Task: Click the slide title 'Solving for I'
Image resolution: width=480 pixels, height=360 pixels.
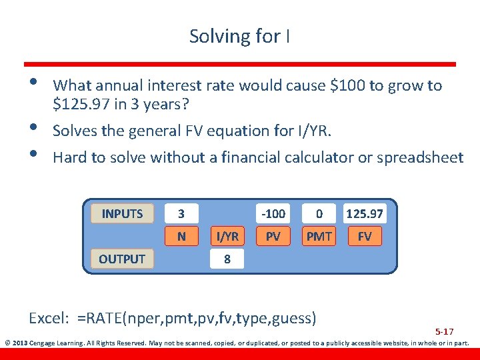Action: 239,36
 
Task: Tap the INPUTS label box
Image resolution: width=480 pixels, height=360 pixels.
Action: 122,214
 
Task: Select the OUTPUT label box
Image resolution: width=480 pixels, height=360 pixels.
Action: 122,259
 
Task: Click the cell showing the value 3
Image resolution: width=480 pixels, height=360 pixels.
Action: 181,214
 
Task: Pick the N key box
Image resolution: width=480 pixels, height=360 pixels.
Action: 181,236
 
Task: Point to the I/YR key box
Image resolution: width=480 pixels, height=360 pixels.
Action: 227,236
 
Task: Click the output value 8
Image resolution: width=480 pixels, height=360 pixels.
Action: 227,259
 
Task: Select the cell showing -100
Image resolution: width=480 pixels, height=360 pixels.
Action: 273,214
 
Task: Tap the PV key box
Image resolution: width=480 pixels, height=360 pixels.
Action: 273,236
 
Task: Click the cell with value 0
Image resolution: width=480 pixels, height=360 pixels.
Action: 319,214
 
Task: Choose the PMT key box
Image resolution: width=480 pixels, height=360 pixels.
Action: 319,236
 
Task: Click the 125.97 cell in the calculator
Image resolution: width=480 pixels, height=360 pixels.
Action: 365,214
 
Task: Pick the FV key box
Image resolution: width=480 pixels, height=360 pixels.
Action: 365,236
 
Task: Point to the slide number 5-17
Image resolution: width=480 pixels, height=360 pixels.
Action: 445,331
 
